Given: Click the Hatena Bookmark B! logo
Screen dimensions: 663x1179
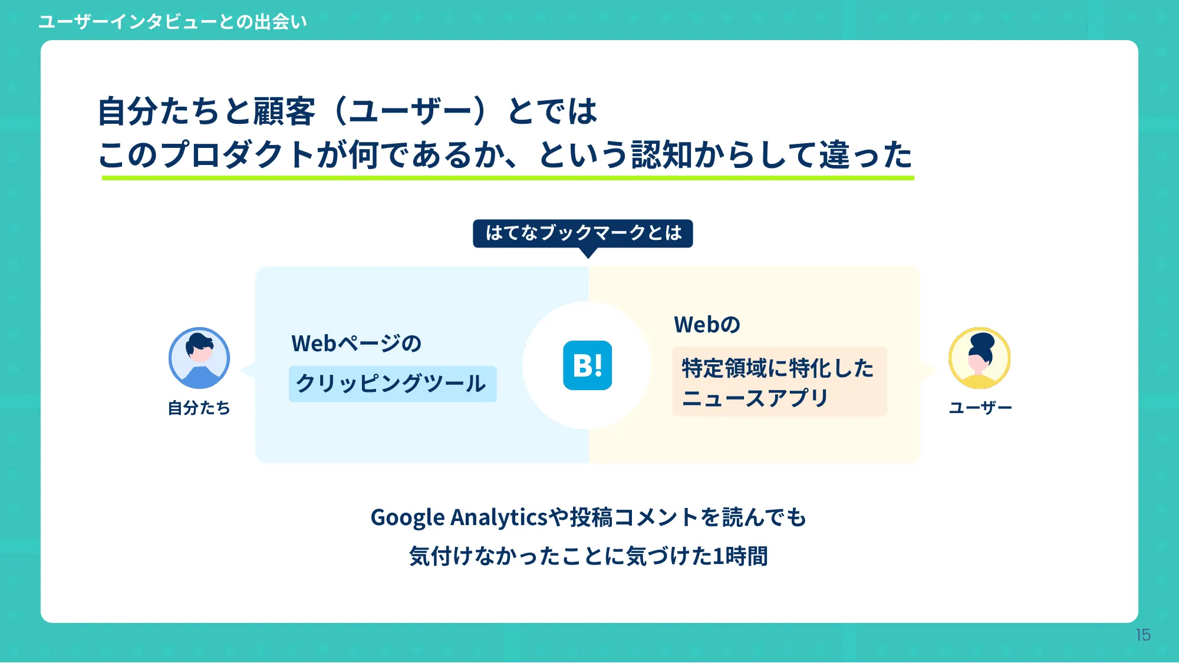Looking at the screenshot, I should [x=587, y=365].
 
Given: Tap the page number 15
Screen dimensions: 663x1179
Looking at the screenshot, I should [x=1143, y=635].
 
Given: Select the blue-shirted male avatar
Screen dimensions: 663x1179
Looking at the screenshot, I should [x=199, y=358].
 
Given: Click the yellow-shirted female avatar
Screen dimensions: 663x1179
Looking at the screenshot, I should [x=979, y=358].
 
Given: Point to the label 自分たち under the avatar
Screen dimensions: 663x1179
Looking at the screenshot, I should [x=199, y=408].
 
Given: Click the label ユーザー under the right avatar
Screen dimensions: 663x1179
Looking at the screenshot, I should [x=980, y=408].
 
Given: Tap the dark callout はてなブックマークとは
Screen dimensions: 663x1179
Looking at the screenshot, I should [x=582, y=233].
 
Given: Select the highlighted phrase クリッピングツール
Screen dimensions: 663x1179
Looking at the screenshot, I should [x=391, y=384].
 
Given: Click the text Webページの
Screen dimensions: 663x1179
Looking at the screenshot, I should [x=356, y=344].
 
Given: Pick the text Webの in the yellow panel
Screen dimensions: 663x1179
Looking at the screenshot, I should [x=707, y=325].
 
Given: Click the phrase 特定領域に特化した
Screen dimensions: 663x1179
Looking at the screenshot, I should [x=777, y=368].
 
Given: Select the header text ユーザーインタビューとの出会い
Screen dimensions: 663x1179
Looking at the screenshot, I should [x=172, y=22].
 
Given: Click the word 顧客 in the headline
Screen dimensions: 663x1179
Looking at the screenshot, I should [x=284, y=111].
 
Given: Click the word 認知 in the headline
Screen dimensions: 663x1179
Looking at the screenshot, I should [x=662, y=155].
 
